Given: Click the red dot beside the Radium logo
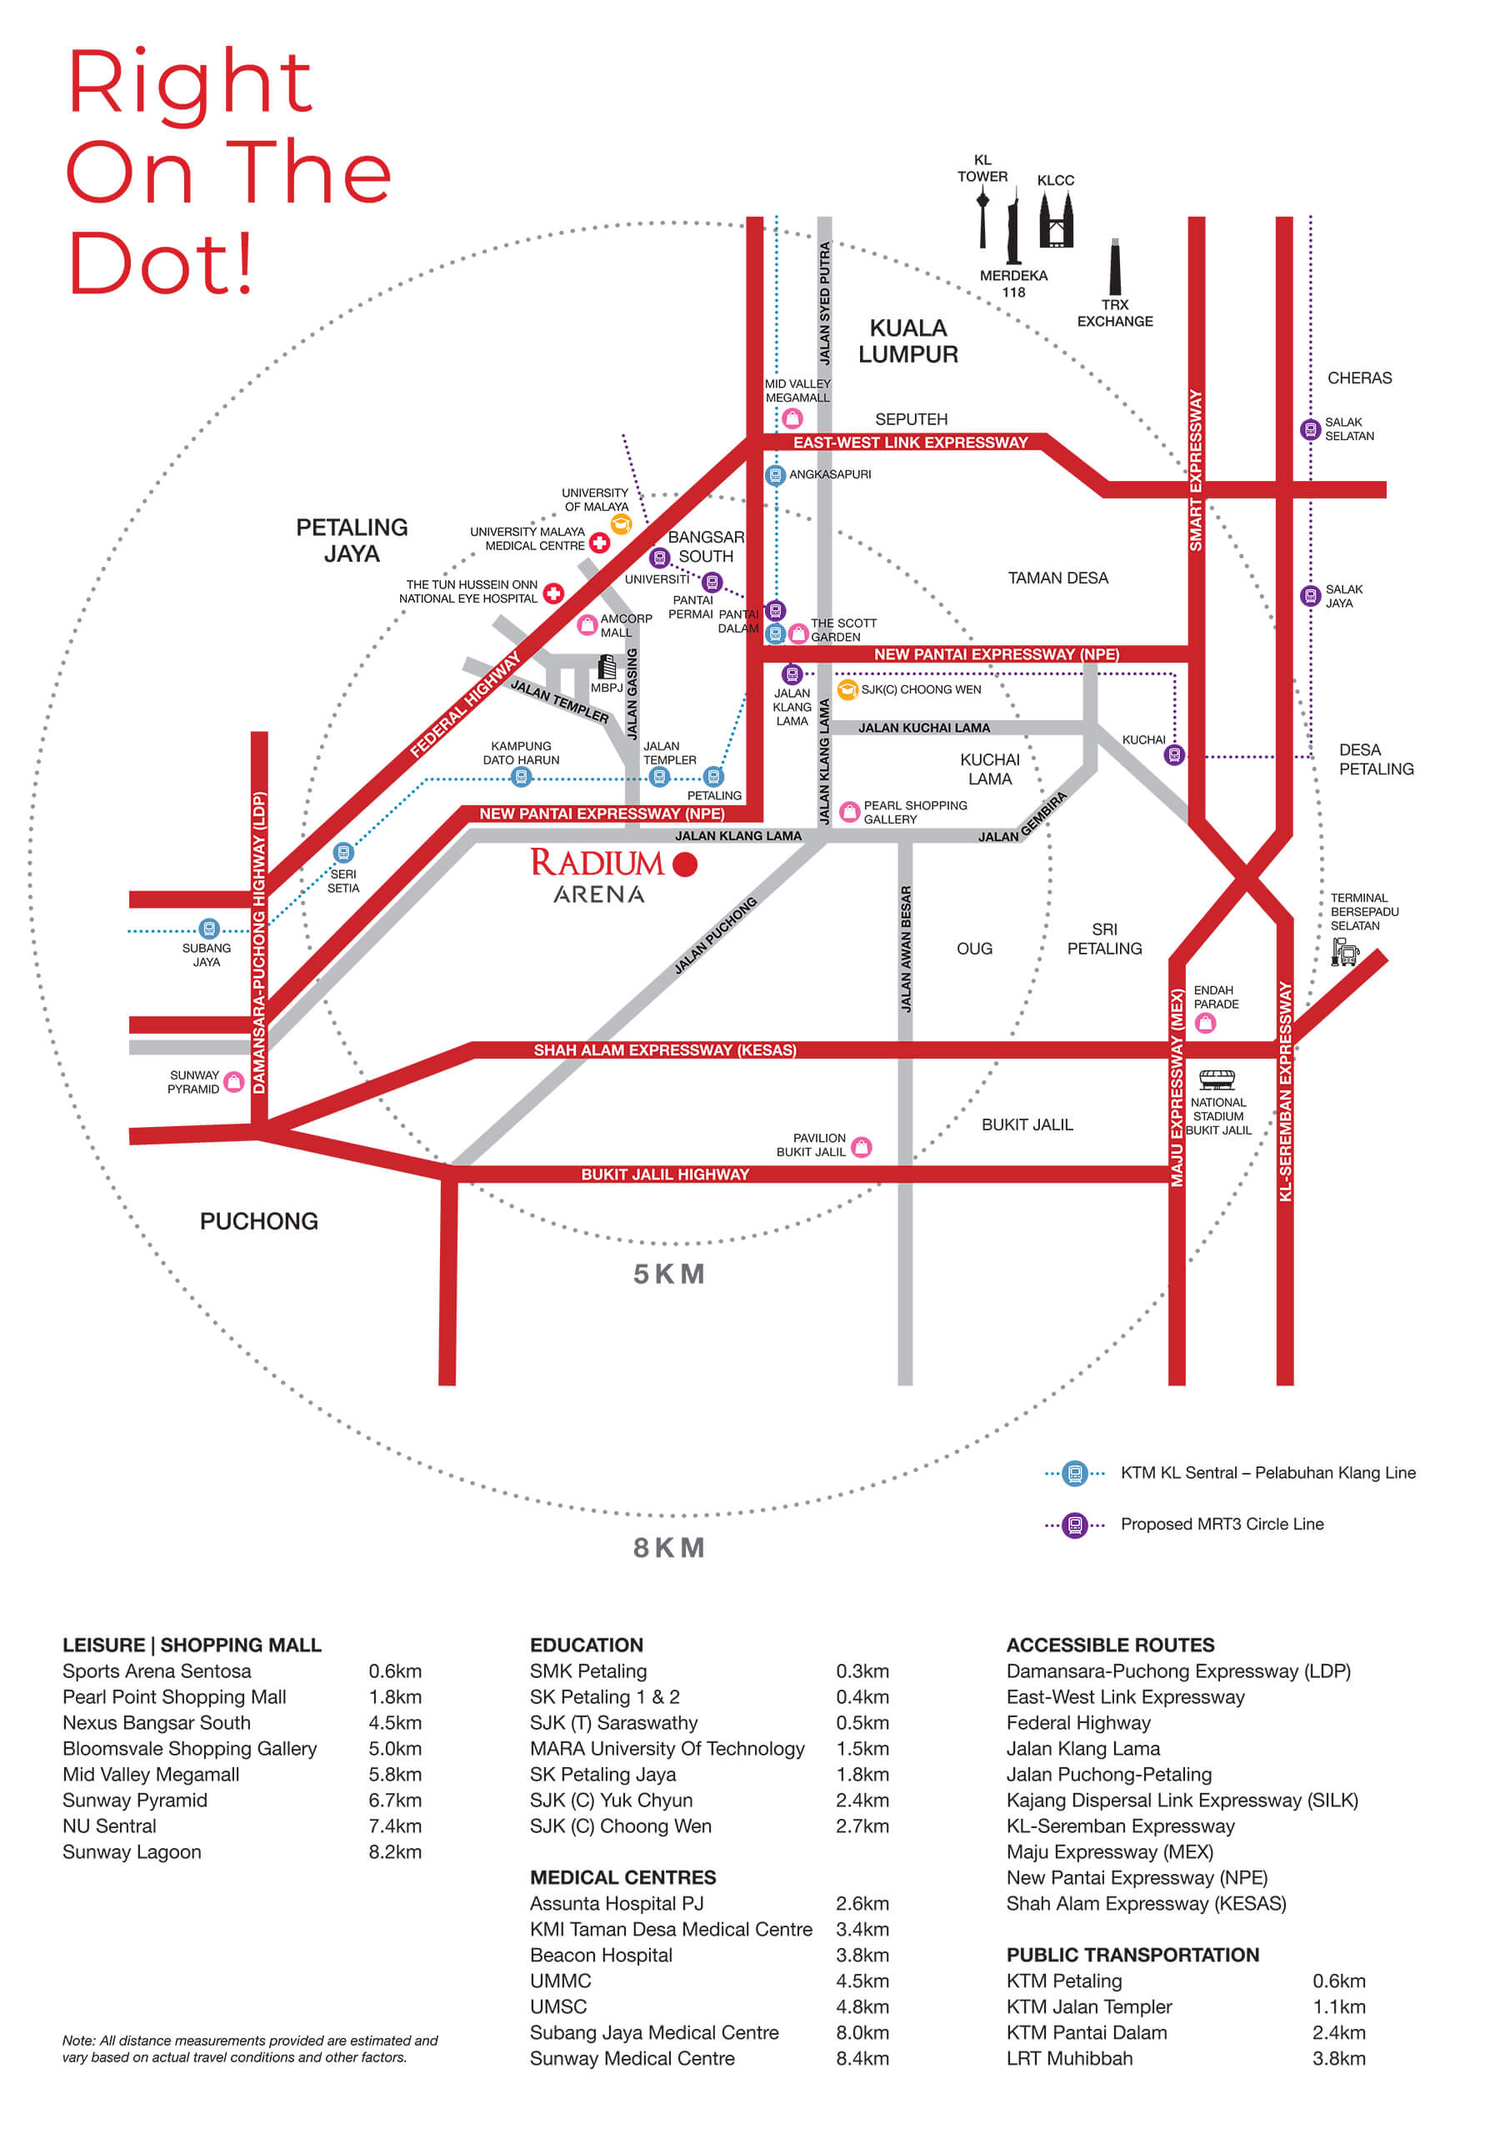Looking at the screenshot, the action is [685, 864].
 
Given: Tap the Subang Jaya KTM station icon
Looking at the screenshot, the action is [209, 929].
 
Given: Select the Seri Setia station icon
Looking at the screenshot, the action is [344, 852].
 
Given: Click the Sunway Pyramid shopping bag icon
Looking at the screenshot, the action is [234, 1082].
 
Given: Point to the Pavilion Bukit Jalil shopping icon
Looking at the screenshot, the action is [862, 1147].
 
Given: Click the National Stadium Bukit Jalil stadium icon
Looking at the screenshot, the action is [1217, 1079].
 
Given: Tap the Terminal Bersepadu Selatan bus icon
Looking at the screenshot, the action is [1345, 952].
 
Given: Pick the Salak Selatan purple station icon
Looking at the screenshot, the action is [1310, 429].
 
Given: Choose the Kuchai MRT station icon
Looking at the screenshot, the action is [1175, 754].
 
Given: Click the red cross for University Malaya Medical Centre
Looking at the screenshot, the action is [599, 543].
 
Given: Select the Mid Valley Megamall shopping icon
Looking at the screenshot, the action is [792, 418].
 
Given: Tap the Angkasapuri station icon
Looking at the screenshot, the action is [775, 475].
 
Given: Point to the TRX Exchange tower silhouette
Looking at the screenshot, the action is [1115, 267].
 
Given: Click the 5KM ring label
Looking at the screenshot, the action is [669, 1274].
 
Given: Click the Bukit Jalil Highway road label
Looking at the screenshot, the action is [666, 1175].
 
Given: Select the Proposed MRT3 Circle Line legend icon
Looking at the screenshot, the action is [1075, 1525].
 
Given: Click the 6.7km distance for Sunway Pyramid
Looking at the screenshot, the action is [395, 1801].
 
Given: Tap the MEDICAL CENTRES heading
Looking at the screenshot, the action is [622, 1877].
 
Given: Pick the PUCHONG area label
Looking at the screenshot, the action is [258, 1221].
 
